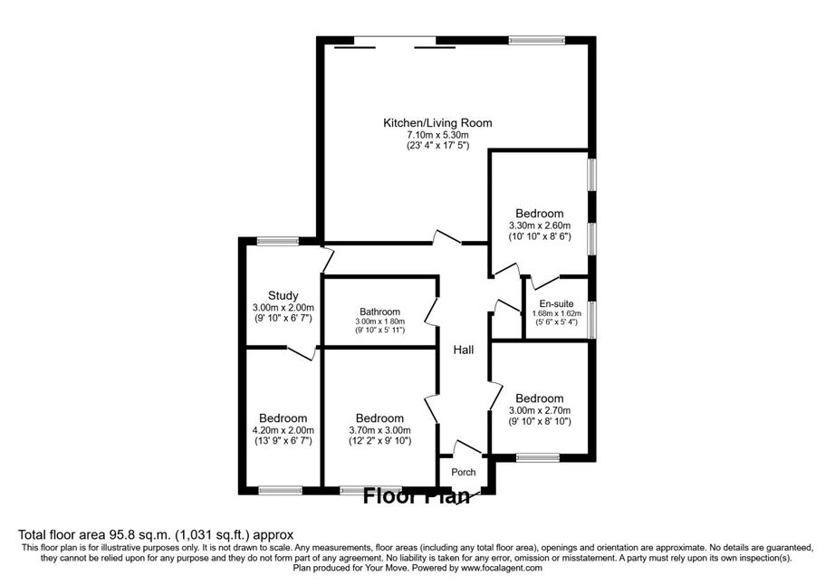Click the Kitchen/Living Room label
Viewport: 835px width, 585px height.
(437, 123)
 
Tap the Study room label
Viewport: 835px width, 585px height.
(283, 295)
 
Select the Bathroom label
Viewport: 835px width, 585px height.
(379, 312)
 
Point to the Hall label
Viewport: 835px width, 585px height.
(464, 350)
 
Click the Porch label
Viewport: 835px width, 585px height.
(464, 472)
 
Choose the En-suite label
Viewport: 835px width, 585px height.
(556, 304)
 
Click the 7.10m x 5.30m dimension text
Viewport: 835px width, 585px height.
(437, 135)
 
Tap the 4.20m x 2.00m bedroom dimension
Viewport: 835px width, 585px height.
(283, 430)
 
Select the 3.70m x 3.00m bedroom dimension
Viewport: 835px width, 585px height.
(379, 430)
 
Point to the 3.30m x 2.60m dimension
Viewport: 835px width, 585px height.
(540, 225)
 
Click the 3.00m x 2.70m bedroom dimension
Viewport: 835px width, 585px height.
(540, 410)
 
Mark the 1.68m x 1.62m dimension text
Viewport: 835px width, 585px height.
(556, 313)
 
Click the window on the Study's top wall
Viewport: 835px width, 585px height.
(277, 241)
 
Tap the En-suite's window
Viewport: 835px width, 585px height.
(591, 320)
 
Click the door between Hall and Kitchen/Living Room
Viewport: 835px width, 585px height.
(446, 238)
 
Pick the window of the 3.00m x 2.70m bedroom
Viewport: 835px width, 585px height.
(538, 457)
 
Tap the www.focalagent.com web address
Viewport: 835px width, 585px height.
(501, 568)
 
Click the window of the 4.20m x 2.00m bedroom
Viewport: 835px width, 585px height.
(280, 490)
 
